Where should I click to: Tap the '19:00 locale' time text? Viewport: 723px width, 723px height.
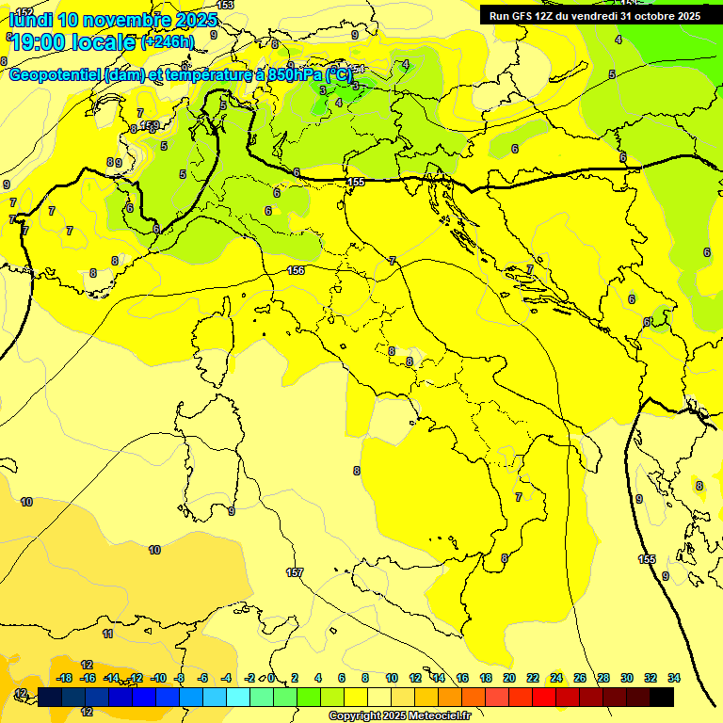[73, 42]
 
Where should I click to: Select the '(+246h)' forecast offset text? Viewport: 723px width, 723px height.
[168, 41]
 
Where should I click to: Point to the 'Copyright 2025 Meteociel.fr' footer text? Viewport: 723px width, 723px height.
[399, 715]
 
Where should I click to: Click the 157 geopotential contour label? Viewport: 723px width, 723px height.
[295, 572]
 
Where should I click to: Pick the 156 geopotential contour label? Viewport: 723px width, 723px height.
[296, 270]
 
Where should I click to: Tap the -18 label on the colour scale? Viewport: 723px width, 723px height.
[64, 678]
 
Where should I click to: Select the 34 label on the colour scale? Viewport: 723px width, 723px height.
[674, 678]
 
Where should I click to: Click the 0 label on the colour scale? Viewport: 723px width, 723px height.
[271, 678]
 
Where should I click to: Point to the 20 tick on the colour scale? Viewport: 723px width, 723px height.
[509, 678]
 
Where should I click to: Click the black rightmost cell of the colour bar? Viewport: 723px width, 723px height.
[662, 697]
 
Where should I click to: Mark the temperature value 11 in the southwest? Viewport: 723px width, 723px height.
[107, 635]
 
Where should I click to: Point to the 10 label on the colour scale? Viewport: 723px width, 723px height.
[392, 678]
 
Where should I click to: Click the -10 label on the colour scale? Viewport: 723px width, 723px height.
[158, 678]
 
